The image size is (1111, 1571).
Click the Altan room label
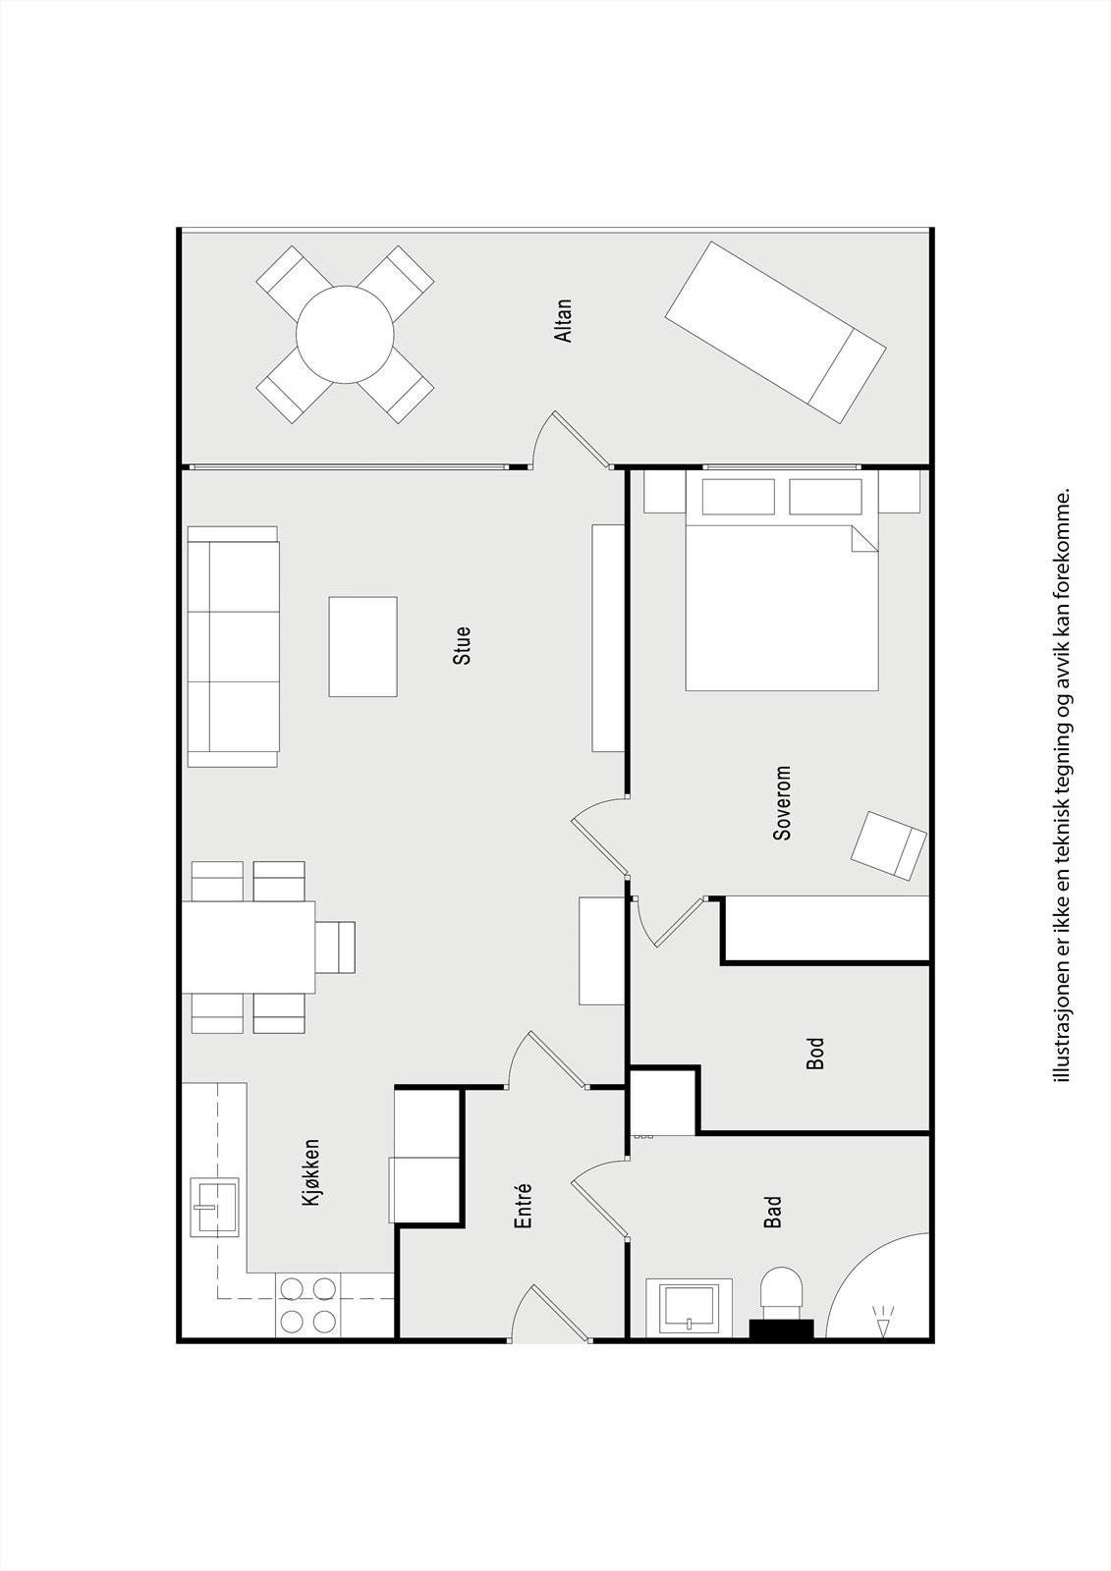tap(563, 321)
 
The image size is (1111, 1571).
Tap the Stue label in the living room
tap(462, 646)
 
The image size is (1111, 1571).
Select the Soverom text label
tap(782, 803)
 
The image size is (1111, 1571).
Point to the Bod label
tap(815, 1054)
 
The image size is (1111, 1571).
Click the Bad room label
tap(774, 1212)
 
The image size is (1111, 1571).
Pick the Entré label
tap(524, 1205)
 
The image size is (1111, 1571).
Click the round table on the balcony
tap(345, 334)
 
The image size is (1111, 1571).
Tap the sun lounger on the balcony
tap(775, 332)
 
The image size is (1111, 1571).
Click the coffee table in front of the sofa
tap(362, 646)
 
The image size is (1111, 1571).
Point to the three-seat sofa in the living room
tap(234, 646)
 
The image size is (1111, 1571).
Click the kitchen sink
tap(214, 1206)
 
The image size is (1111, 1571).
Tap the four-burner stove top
tap(307, 1305)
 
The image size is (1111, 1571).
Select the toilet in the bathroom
tap(783, 1296)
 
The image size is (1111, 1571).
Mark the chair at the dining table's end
tap(336, 947)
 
